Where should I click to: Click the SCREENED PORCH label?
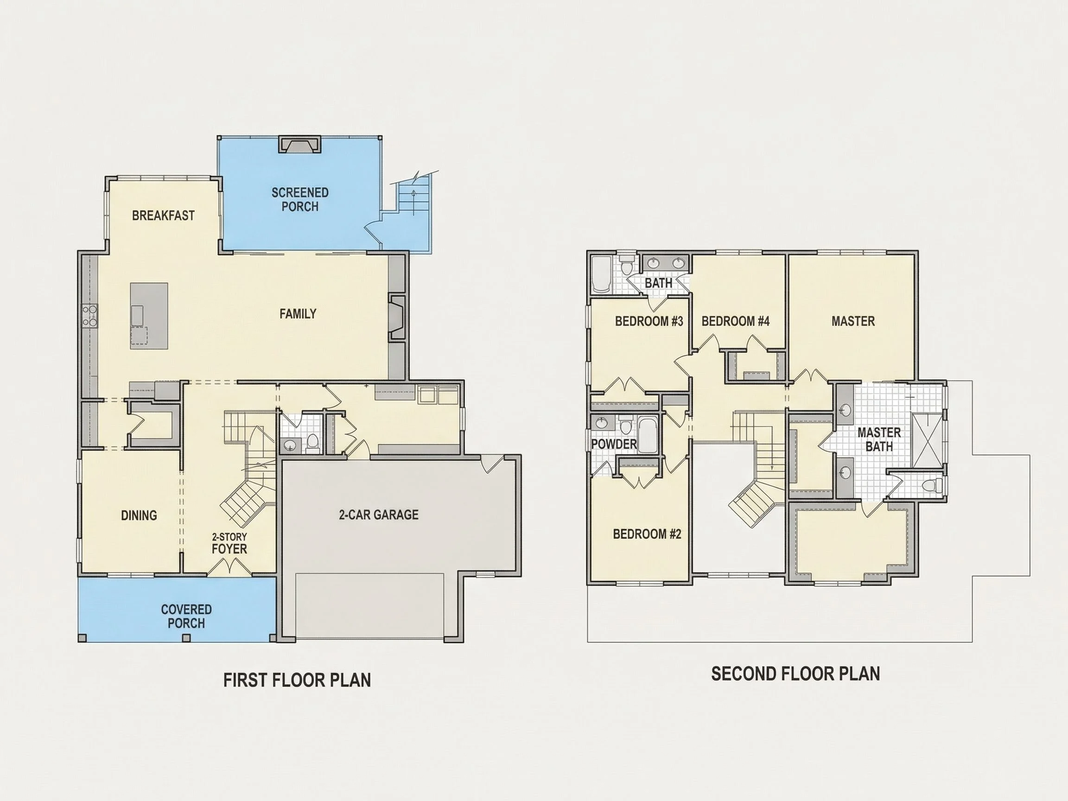pos(300,199)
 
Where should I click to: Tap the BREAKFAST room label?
pos(163,216)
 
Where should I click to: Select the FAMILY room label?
pos(298,314)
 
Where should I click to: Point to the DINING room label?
pos(139,515)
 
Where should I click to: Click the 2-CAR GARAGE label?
pos(379,514)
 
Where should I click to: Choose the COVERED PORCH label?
pos(186,616)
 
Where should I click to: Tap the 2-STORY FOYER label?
pos(229,543)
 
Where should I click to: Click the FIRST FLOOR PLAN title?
pos(297,680)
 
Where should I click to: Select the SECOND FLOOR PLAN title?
pos(796,674)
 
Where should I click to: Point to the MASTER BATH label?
pos(879,439)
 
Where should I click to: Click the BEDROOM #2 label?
pos(647,534)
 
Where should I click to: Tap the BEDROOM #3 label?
pos(649,321)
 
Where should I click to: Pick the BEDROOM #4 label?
pos(735,321)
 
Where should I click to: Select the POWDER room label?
pos(614,444)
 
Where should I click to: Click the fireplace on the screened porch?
pos(300,144)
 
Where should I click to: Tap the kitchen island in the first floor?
pos(149,316)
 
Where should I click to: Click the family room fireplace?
pos(397,317)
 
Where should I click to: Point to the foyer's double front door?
pos(230,567)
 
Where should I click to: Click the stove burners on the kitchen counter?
pos(89,316)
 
